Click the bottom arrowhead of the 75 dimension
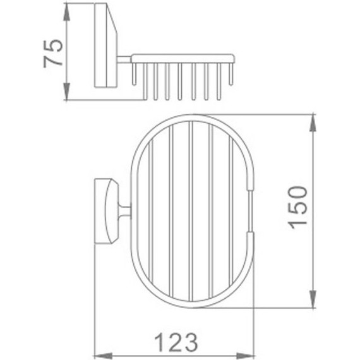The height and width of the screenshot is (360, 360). [68, 95]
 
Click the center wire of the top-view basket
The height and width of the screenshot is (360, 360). [191, 211]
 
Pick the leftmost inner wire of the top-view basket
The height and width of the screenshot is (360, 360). [152, 211]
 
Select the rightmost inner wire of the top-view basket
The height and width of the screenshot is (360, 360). [231, 211]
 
